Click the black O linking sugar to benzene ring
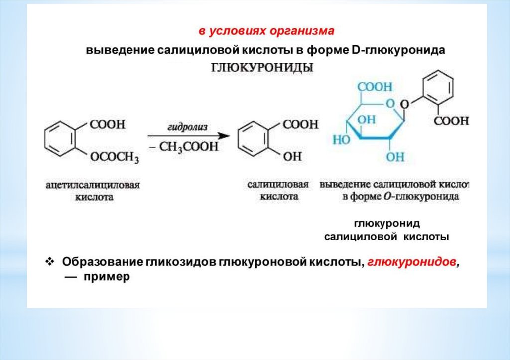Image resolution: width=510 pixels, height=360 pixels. coord(405,104)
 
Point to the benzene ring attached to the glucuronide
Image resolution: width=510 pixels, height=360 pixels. coord(437,88)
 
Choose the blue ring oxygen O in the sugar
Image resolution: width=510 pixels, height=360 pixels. coord(390,104)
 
